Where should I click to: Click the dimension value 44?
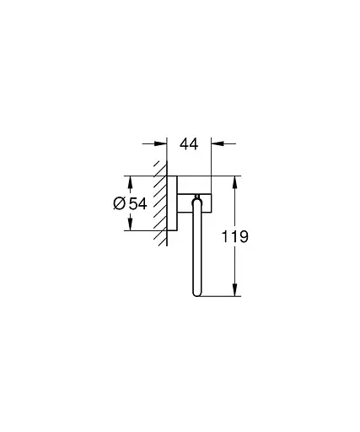coord(189,145)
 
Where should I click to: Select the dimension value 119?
coord(235,237)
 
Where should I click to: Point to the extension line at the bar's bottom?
coord(221,297)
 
